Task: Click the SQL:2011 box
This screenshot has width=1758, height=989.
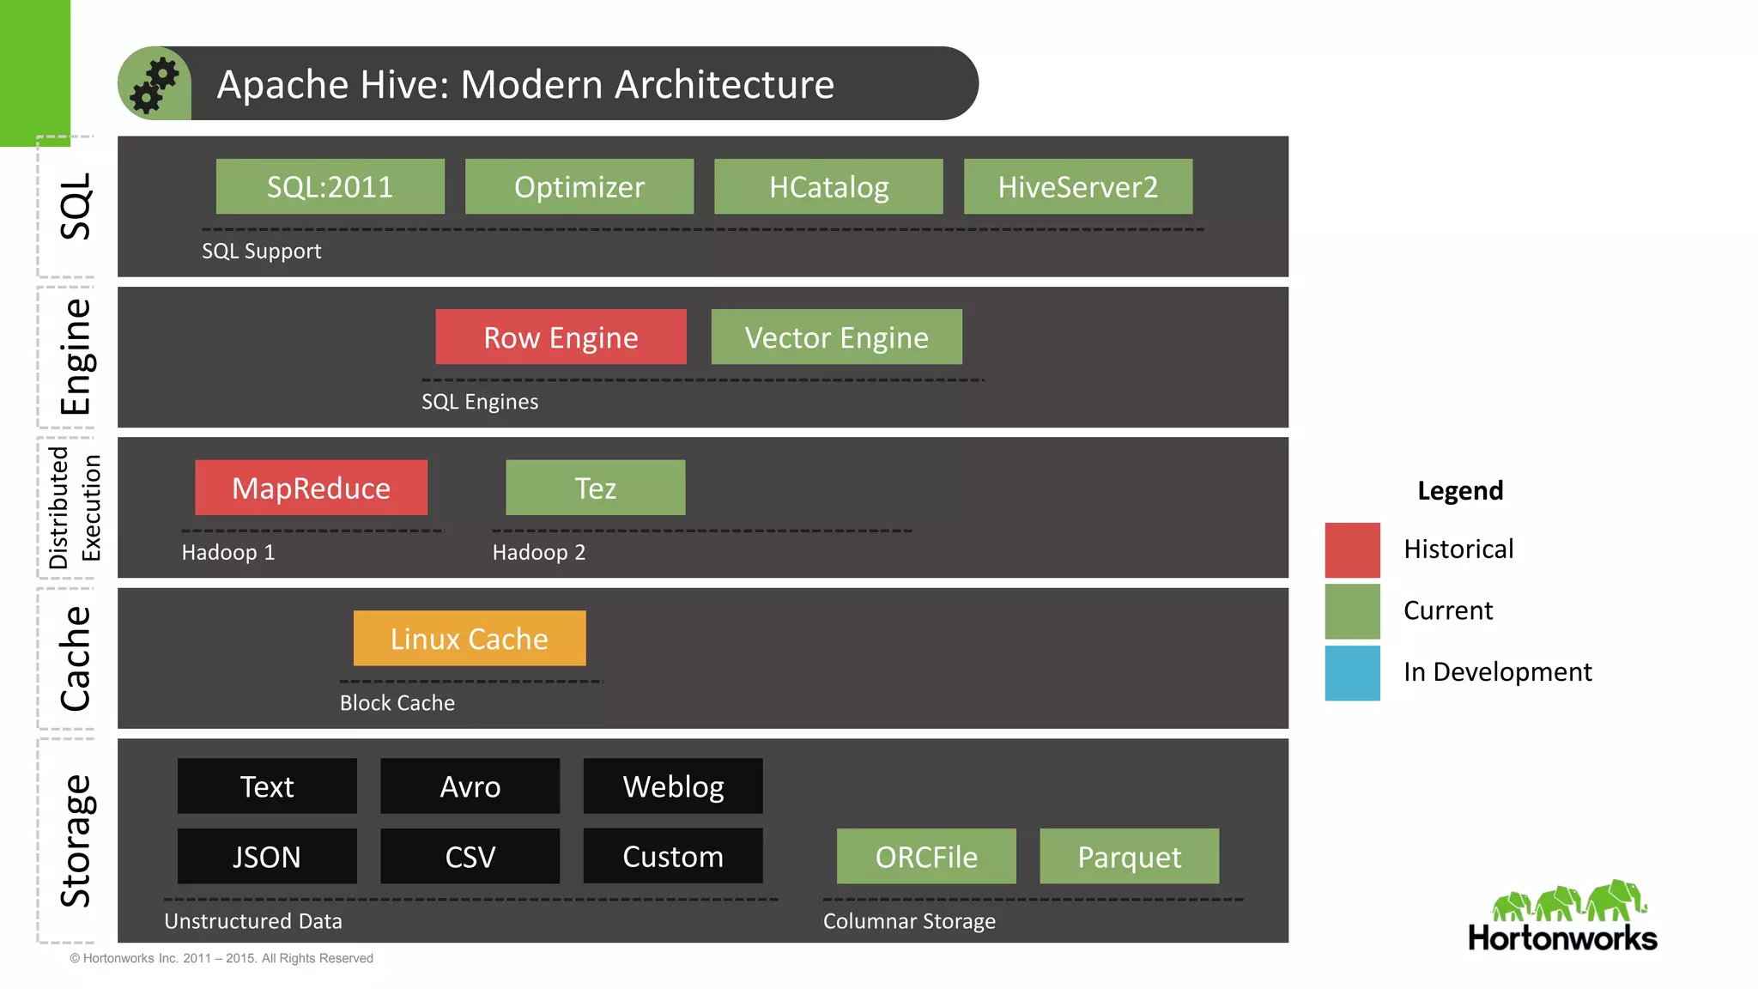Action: click(330, 186)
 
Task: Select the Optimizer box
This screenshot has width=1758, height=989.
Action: click(579, 186)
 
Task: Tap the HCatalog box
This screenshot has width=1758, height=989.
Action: click(828, 186)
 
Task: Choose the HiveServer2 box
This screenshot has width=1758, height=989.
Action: click(1077, 186)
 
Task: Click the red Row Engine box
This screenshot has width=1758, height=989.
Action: click(561, 337)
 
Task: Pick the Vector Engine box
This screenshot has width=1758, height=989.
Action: click(836, 337)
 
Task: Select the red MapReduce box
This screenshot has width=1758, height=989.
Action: click(311, 488)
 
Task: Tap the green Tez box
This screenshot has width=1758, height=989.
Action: click(595, 488)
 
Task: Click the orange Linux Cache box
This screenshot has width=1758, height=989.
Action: click(470, 638)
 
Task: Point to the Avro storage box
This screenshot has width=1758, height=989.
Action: click(470, 786)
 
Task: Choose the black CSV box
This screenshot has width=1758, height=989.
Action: click(470, 856)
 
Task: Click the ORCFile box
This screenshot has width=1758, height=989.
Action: click(926, 856)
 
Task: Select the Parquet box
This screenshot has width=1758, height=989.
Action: click(1129, 856)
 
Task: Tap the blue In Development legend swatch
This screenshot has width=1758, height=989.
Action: click(1352, 673)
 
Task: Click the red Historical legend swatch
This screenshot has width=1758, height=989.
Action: click(1352, 549)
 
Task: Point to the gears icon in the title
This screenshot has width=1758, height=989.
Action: click(155, 84)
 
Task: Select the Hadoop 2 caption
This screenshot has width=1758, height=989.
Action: click(539, 552)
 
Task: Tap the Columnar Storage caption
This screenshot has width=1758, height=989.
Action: click(909, 921)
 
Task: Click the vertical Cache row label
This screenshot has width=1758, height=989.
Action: click(76, 659)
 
